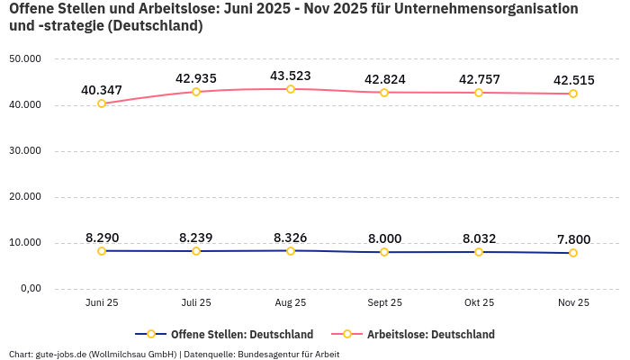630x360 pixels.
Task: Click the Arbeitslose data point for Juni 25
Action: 102,103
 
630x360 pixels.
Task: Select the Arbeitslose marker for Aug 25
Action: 291,89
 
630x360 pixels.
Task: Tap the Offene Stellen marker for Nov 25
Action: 573,253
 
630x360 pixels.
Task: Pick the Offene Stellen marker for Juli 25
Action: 196,251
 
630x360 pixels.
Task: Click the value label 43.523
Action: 291,76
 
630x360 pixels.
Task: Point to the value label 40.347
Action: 102,90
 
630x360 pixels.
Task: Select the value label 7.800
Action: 573,239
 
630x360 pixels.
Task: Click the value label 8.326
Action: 291,238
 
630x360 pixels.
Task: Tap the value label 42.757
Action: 479,79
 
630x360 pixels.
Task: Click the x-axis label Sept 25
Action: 384,302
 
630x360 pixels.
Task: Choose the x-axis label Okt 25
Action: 479,302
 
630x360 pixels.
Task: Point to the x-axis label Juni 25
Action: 102,302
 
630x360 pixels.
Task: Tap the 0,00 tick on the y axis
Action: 30,289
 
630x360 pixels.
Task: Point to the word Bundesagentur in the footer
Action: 267,354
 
